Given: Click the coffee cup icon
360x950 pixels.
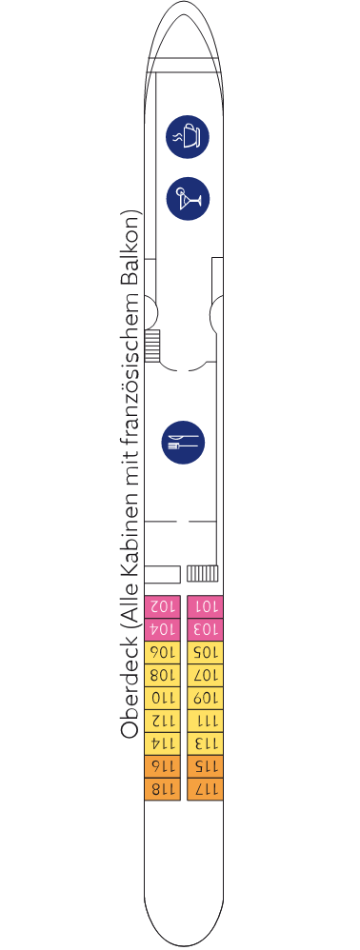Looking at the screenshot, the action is [188, 137].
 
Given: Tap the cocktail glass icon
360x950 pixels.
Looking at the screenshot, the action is [188, 199].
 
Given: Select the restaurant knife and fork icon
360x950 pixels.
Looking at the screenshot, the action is [183, 443].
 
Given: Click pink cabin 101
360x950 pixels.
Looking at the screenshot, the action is [205, 606].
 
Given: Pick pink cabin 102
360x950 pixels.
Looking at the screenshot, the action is [163, 606].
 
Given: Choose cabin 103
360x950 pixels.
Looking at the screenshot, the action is [205, 629].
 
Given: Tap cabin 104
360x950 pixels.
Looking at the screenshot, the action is [163, 629].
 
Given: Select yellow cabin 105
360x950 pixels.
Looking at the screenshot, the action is [205, 652].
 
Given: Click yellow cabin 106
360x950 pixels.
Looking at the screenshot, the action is [163, 652].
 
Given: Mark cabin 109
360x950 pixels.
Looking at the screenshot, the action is [205, 699].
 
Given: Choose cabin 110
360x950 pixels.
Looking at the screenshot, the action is [163, 699].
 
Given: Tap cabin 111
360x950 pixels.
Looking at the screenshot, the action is [205, 721].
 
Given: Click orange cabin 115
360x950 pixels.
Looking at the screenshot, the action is [205, 766].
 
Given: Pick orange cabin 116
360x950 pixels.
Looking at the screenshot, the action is [163, 766].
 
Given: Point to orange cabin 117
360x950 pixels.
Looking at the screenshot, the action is [205, 789].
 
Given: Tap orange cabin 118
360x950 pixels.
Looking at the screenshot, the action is [163, 789].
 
